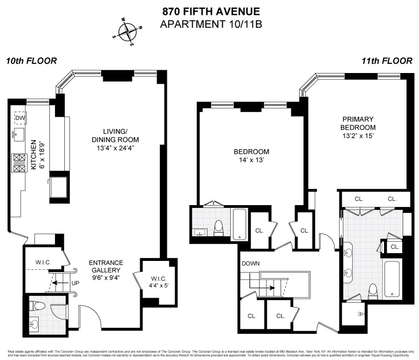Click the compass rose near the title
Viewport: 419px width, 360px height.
[127, 32]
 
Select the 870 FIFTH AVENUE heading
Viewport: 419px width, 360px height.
[211, 11]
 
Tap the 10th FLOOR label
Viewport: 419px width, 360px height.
[31, 61]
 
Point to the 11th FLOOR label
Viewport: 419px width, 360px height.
[387, 61]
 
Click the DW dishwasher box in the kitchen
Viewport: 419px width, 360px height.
[20, 119]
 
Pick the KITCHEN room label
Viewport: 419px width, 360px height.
[34, 155]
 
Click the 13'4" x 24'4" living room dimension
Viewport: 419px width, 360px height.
[115, 148]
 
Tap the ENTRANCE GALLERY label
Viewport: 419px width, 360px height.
[106, 266]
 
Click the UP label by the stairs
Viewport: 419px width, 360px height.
[75, 282]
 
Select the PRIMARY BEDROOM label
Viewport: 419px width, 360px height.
[358, 123]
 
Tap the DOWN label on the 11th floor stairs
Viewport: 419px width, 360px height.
[250, 264]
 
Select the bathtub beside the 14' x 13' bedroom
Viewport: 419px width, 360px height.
[239, 224]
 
